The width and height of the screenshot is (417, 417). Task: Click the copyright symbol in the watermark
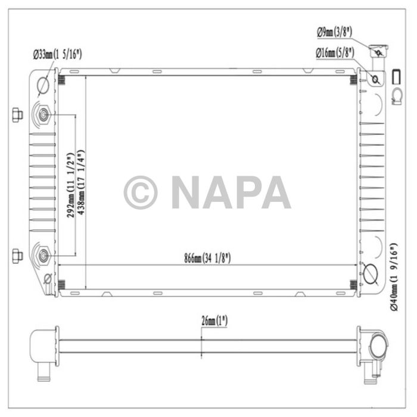coord(141,192)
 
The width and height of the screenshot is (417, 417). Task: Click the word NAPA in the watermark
coord(231,192)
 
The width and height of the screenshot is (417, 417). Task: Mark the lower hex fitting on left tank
coord(45,256)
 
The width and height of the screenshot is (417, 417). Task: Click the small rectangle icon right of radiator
coord(396,76)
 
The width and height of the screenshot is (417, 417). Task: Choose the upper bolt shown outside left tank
coord(17,115)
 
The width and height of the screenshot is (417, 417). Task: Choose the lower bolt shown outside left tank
coord(17,256)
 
